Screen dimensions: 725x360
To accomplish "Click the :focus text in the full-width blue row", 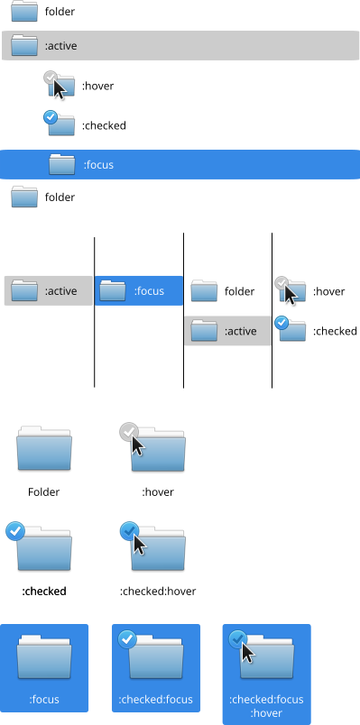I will tap(98, 165).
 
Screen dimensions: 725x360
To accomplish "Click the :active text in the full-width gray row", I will tap(60, 45).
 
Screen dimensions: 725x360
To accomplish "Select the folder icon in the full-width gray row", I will tap(24, 45).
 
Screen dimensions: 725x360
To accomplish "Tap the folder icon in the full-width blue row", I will tap(62, 165).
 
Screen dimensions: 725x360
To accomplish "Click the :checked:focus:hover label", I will tap(266, 706).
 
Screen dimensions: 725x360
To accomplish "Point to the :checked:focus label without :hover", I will tap(155, 700).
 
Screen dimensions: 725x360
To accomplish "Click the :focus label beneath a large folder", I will tap(44, 700).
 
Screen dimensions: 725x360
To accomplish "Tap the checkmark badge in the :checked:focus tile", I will tap(127, 639).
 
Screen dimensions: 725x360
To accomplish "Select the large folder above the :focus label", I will tap(44, 657).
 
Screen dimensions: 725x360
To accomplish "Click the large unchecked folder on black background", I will tap(44, 448).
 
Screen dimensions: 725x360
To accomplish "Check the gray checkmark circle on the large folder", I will tap(128, 432).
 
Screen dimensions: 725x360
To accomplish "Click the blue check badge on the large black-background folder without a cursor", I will tap(14, 531).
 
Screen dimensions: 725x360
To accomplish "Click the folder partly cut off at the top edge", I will tap(24, 11).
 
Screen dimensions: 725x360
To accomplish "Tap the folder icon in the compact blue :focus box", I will tap(113, 291).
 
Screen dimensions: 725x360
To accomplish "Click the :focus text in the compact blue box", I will tap(149, 291).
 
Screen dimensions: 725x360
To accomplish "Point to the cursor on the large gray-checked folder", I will tap(137, 445).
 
